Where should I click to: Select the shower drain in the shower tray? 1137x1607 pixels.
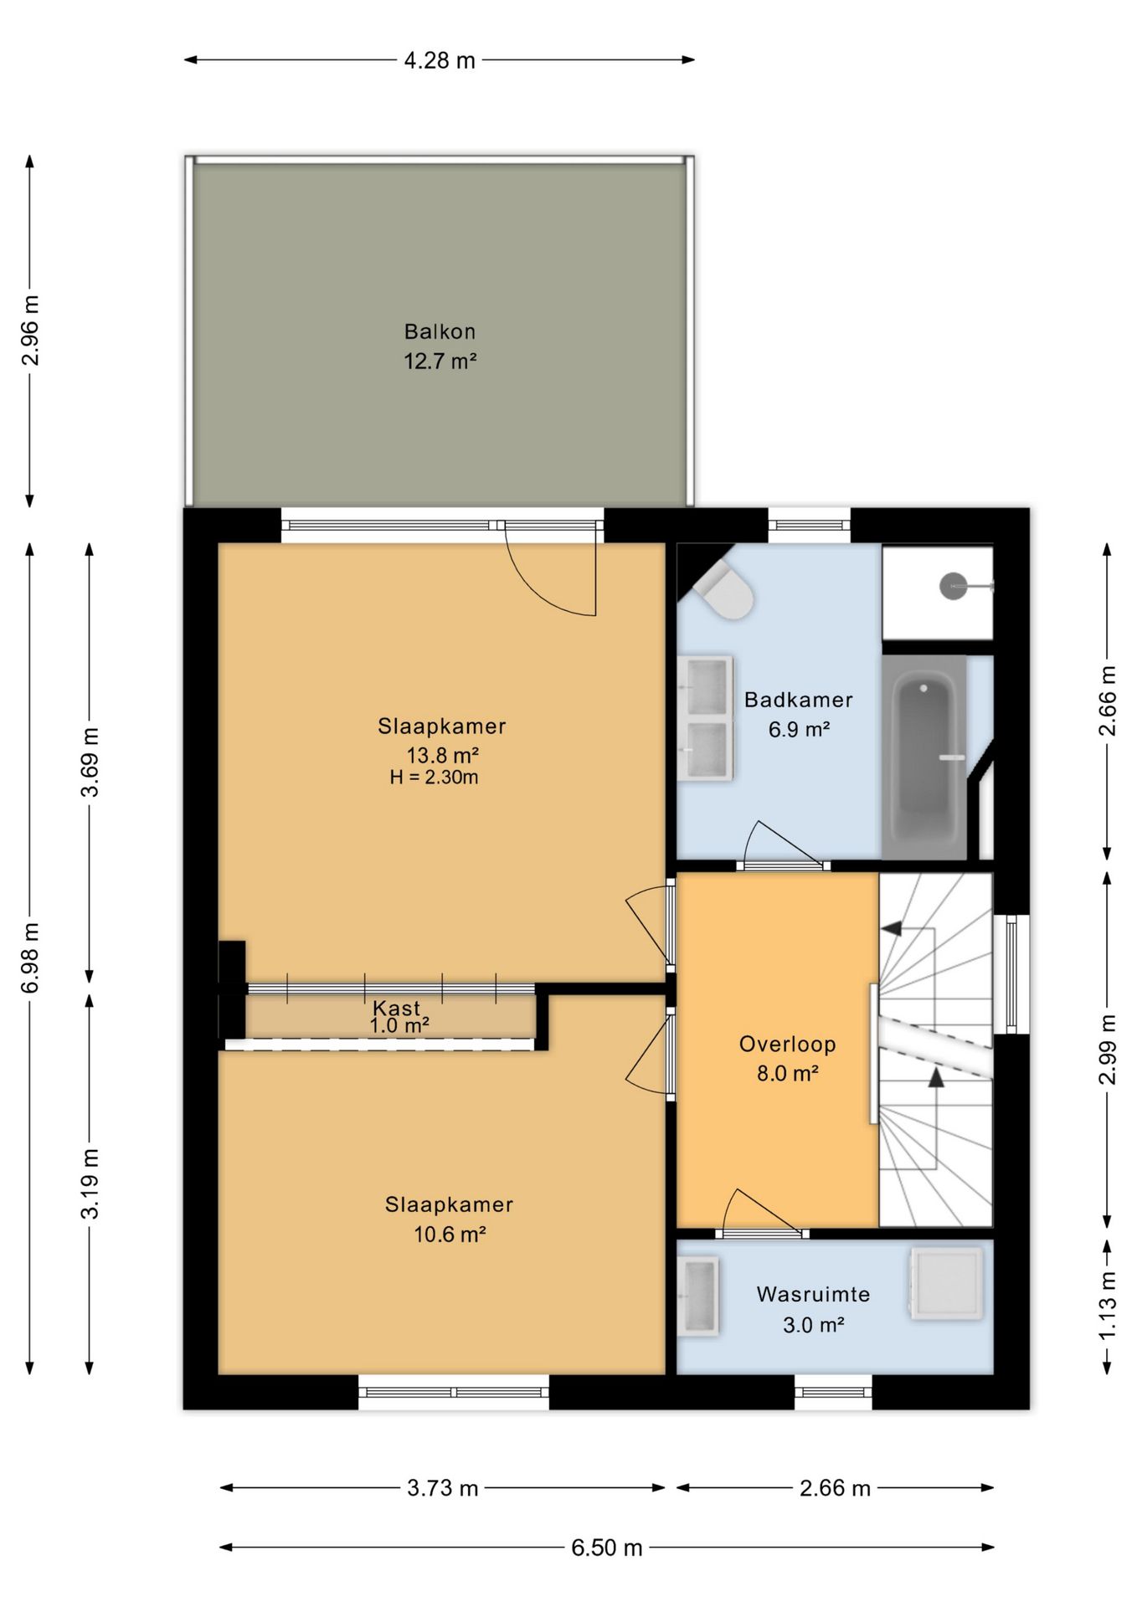[953, 585]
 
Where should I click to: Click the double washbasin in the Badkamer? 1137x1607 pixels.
[707, 719]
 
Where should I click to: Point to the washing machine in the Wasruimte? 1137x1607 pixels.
[946, 1285]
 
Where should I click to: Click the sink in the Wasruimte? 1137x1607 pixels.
[699, 1296]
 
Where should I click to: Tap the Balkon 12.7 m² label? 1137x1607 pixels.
[440, 347]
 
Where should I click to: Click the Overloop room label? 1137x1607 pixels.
[787, 1044]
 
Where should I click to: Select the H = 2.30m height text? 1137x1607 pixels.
[434, 778]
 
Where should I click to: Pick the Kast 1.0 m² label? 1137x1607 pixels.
[399, 1017]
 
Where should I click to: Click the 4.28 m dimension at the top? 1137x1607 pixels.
[440, 60]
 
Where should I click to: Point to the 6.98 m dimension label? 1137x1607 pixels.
[31, 958]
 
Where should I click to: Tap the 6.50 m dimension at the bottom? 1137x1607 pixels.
[607, 1548]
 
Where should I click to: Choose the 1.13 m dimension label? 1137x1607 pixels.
[1108, 1305]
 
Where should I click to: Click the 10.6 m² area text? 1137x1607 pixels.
[450, 1235]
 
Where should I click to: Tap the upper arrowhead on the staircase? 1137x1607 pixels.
[890, 928]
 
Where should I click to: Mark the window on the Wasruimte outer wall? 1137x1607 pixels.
[833, 1392]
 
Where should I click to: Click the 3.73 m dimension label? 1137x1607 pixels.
[443, 1488]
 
